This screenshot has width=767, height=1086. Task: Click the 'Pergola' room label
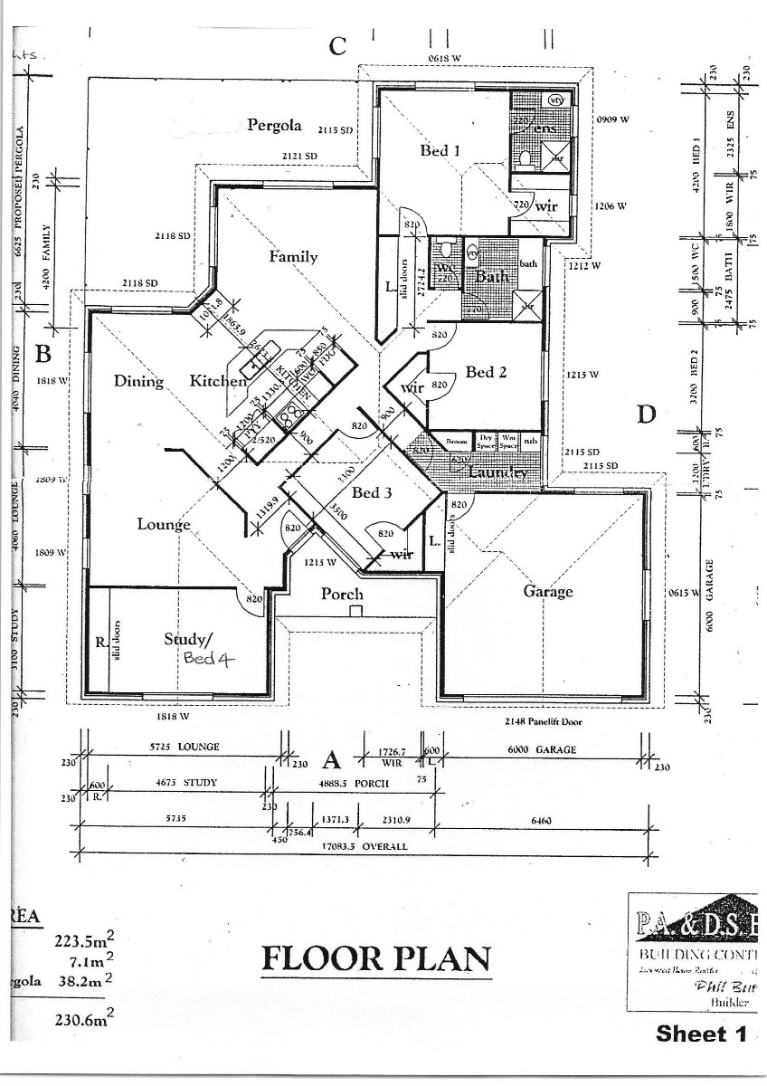(x=274, y=126)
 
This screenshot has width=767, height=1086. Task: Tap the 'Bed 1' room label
(x=440, y=150)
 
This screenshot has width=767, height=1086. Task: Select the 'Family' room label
(x=294, y=257)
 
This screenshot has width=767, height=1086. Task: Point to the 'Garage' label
(x=548, y=591)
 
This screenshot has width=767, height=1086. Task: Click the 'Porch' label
(x=342, y=595)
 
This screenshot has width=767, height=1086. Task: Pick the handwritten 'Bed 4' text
(x=209, y=659)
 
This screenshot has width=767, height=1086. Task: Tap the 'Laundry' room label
(x=498, y=472)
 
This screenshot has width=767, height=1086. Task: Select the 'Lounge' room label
(x=164, y=524)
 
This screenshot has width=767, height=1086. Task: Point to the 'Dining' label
(x=138, y=381)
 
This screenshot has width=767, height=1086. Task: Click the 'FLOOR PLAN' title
(x=376, y=959)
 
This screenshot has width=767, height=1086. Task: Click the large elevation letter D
(x=645, y=414)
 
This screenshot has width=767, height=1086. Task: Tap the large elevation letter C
(x=337, y=47)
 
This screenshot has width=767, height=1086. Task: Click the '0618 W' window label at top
(x=445, y=59)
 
